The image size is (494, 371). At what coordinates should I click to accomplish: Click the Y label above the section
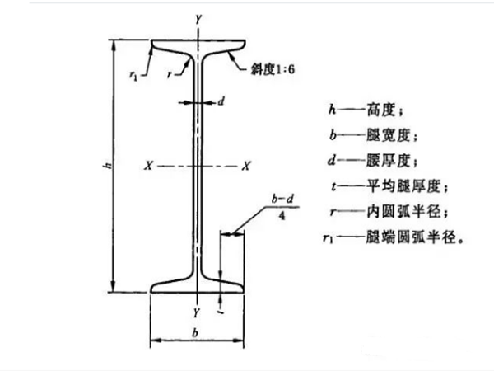(198, 20)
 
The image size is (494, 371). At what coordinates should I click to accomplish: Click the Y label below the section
(197, 312)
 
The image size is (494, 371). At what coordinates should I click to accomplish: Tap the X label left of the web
(148, 166)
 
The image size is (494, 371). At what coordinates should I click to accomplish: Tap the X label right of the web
(246, 166)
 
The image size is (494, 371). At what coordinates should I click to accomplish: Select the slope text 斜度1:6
(273, 69)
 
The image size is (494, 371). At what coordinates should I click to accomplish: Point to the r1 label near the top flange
(133, 75)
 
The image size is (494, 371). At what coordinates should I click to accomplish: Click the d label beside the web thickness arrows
(221, 101)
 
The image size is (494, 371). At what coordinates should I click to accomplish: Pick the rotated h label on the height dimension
(108, 165)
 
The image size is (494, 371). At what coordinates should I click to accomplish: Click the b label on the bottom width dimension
(195, 332)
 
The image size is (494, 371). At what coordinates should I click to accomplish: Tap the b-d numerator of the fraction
(282, 199)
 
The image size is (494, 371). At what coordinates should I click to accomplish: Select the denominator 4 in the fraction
(282, 216)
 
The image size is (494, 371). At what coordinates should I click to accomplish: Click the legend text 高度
(381, 110)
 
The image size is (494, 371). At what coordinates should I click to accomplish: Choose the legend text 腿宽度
(389, 136)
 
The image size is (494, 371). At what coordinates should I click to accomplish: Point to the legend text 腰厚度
(389, 161)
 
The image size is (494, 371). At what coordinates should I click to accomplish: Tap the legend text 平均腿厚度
(403, 186)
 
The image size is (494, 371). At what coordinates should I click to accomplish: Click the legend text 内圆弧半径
(403, 211)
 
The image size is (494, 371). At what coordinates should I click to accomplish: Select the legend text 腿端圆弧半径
(411, 237)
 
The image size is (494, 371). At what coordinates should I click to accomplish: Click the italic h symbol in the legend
(332, 110)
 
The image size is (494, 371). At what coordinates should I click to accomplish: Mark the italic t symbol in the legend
(333, 186)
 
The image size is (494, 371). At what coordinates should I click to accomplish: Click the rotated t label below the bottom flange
(221, 312)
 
